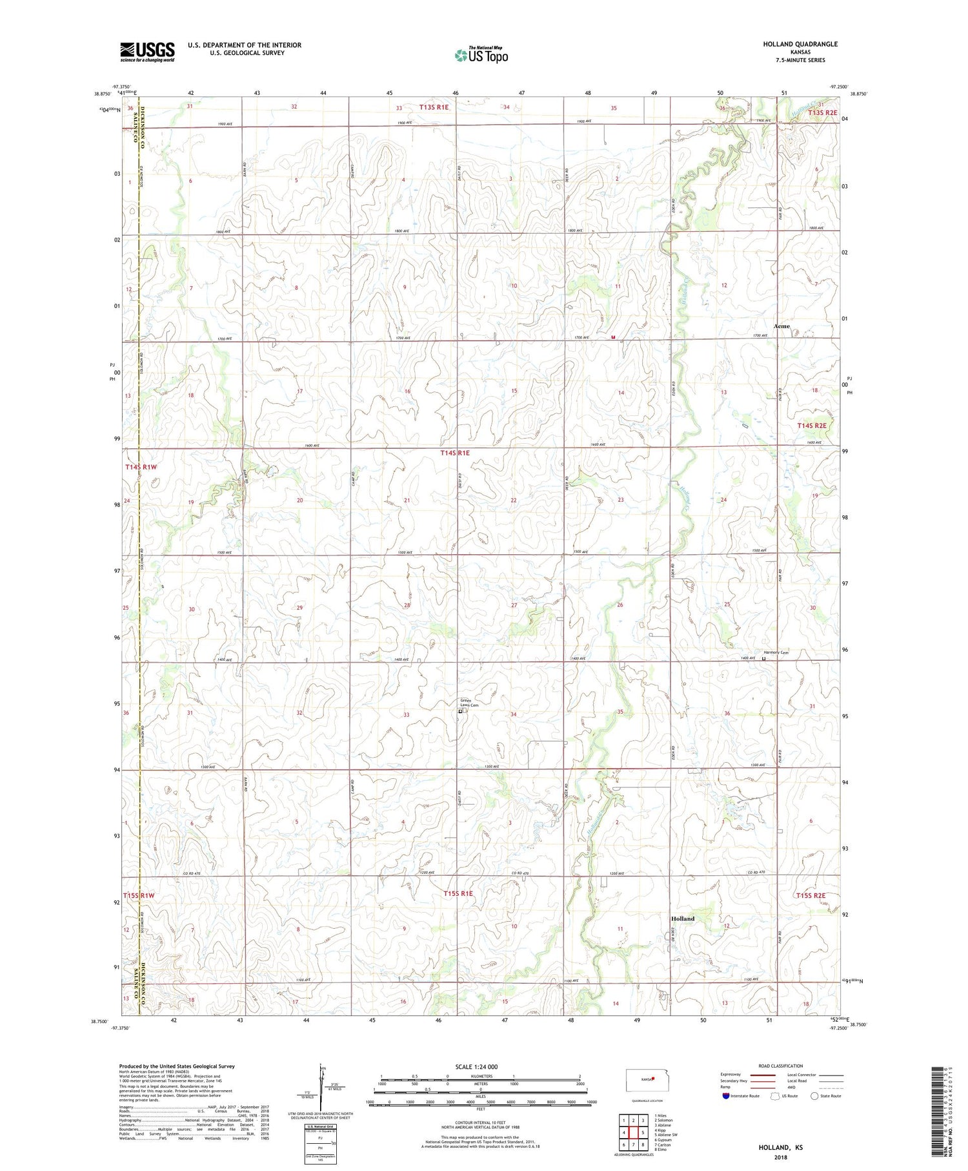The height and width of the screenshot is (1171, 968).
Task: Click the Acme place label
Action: pos(781,326)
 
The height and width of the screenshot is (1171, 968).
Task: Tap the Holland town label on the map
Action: pos(682,918)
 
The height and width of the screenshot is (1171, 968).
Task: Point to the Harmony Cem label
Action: pos(776,652)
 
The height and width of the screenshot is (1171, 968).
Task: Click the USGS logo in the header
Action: pos(147,52)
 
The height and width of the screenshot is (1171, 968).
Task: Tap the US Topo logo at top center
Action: pos(481,56)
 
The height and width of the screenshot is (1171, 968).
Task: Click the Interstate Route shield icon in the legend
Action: pos(727,1095)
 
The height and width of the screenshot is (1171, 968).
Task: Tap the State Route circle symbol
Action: pos(814,1095)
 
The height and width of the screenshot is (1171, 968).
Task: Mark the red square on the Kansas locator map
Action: pos(653,1077)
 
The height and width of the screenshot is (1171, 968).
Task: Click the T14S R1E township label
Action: pos(454,453)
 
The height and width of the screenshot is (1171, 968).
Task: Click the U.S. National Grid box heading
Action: pos(320,1127)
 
